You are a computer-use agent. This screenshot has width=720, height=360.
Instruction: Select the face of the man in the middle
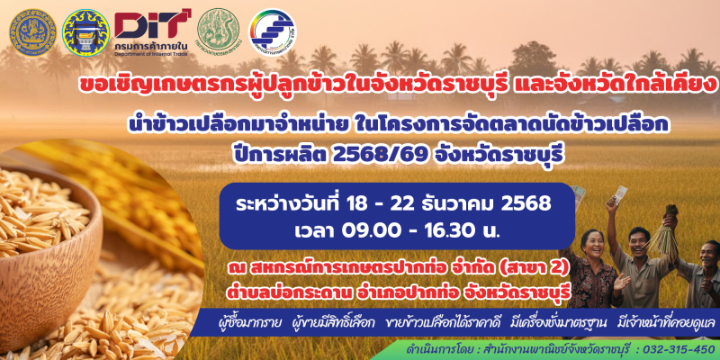[640, 239]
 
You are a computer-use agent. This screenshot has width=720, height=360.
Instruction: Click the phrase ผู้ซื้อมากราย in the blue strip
[244, 322]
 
